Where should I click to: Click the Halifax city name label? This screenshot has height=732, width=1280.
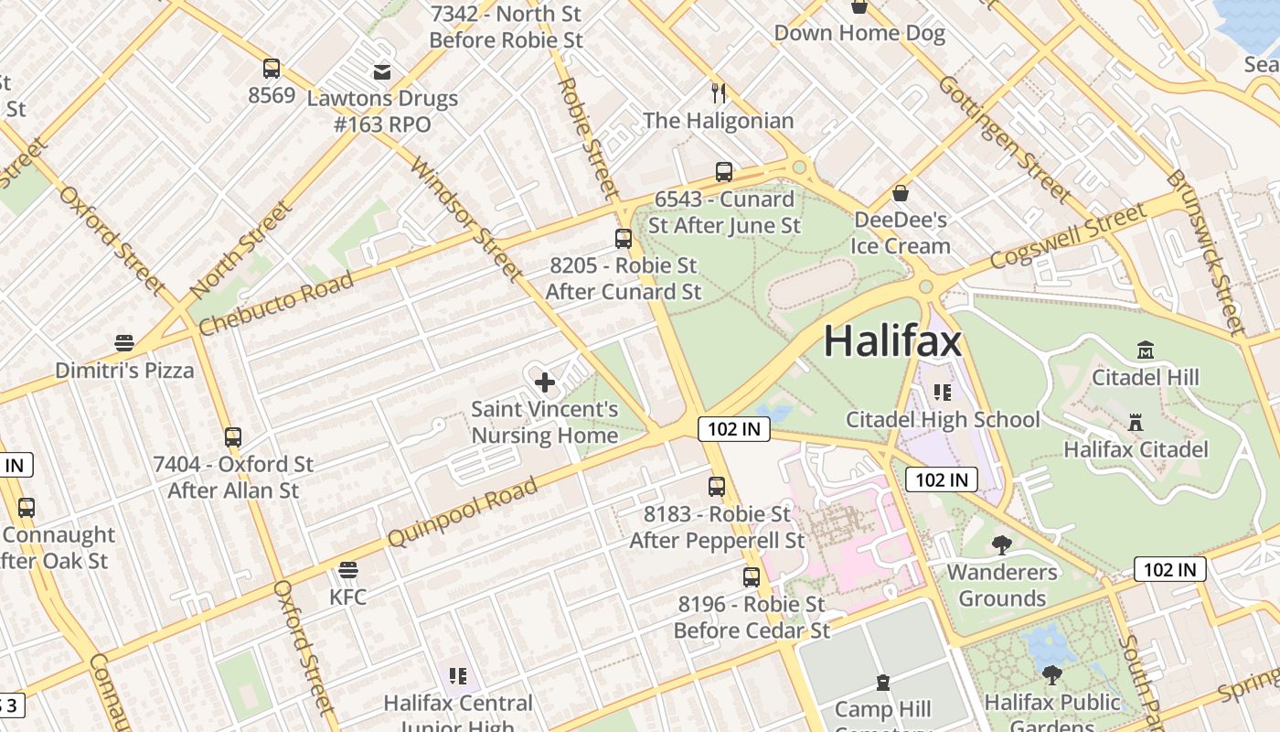[892, 341]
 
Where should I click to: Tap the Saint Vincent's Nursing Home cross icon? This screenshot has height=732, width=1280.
[545, 382]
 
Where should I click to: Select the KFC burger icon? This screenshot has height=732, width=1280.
[347, 571]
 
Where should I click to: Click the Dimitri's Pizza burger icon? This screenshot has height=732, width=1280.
[124, 343]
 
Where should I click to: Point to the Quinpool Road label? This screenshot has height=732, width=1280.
[463, 512]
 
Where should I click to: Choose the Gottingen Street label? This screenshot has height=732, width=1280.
[1004, 138]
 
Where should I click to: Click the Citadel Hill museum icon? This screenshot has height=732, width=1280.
[1145, 350]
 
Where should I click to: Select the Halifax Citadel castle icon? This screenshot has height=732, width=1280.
[1136, 423]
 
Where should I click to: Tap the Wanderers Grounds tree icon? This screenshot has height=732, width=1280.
[1002, 545]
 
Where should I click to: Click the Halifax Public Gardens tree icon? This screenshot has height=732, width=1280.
[1052, 675]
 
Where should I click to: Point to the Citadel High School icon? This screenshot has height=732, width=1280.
[943, 393]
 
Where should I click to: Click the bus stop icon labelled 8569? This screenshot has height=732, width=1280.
[272, 69]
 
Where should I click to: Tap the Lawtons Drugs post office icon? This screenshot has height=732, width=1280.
[382, 71]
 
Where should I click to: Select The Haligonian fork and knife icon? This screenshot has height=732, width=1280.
[719, 92]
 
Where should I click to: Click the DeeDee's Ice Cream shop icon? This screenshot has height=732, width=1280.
[901, 193]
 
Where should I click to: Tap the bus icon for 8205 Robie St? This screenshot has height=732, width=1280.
[624, 239]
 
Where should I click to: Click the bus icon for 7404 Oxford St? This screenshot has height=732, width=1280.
[233, 437]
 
